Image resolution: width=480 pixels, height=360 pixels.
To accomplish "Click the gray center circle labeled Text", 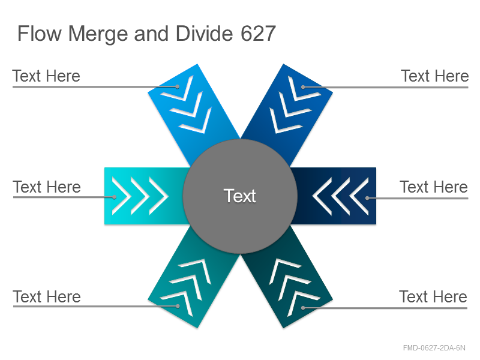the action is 240,196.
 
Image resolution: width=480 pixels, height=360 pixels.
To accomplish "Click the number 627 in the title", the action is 258,34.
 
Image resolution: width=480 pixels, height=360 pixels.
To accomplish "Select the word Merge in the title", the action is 98,34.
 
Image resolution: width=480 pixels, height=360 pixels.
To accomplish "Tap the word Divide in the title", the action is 204,34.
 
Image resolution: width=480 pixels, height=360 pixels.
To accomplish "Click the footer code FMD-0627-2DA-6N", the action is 434,348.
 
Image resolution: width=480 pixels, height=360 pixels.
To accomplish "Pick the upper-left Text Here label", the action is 46,76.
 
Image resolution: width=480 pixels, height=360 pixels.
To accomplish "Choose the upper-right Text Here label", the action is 434,76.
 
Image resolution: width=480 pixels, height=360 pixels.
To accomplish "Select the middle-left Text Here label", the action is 47,187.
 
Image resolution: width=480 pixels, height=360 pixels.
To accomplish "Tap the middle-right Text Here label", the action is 433,187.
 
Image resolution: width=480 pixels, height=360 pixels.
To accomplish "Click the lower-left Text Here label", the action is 47,296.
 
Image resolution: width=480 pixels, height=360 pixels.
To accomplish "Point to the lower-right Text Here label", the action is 433,296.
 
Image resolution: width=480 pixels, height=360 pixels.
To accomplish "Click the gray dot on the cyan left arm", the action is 114,197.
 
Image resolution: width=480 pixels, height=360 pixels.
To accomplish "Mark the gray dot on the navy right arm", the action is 367,198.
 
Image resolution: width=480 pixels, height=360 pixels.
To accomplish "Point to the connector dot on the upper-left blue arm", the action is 177,86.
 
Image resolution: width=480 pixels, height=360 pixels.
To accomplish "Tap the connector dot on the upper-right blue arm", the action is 303,87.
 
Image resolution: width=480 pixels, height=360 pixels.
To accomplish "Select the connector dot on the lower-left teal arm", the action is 178,306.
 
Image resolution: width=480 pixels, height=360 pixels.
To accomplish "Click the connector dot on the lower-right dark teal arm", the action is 303,308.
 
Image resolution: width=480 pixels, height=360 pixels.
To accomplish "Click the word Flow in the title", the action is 40,34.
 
